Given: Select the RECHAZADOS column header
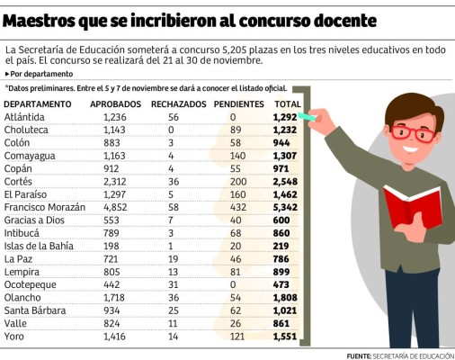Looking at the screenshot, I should click(178, 105).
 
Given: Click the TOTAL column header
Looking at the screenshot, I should click(287, 105).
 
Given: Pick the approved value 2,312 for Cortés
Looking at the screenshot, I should click(115, 181).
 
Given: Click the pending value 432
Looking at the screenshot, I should click(238, 206).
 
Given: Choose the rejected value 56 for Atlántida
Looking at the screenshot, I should click(174, 118).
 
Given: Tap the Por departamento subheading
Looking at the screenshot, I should click(41, 72).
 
